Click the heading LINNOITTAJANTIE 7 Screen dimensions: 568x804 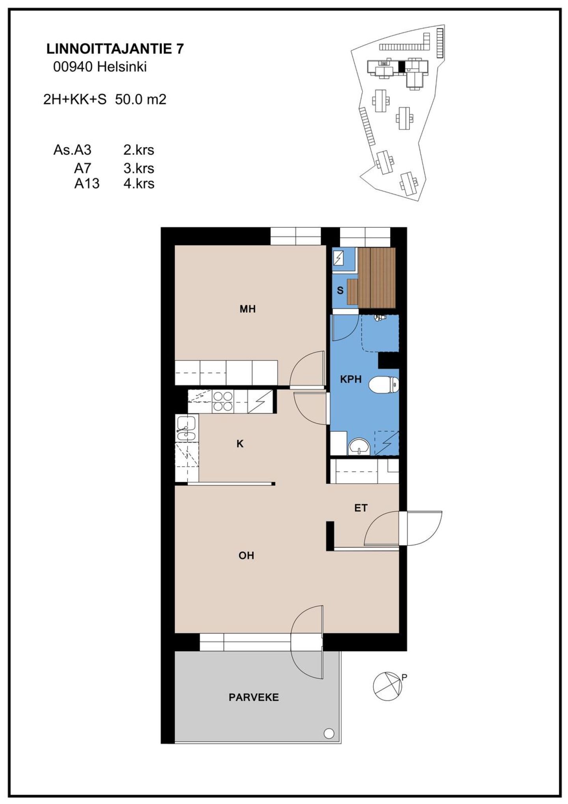(x=115, y=49)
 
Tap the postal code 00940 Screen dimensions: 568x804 (x=73, y=67)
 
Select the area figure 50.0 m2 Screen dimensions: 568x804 (x=140, y=99)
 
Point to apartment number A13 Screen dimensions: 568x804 (x=87, y=184)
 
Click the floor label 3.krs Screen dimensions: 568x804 (x=138, y=168)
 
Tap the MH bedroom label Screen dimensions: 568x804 (x=248, y=309)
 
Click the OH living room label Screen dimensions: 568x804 (x=246, y=556)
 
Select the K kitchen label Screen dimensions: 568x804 (x=240, y=444)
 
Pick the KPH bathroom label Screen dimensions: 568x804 (x=351, y=379)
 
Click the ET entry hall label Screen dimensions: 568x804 (x=361, y=508)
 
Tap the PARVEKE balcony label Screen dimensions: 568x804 (x=254, y=697)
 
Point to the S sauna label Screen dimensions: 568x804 (x=340, y=291)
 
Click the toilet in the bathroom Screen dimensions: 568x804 (x=384, y=384)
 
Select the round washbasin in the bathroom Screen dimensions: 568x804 (x=359, y=446)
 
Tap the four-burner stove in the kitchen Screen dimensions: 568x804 (x=223, y=401)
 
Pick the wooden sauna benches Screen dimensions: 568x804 (x=371, y=278)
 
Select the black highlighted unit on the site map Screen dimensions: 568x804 (x=402, y=66)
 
